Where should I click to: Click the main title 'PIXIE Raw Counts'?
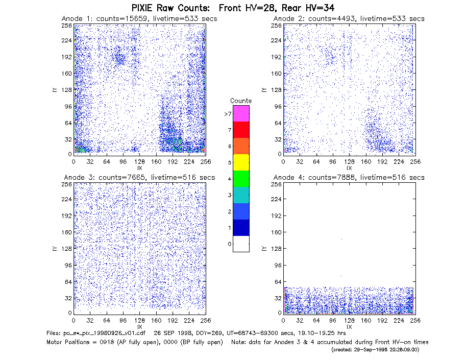pos(170,8)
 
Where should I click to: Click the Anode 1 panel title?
pos(139,18)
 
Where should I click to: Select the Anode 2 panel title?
pos(349,18)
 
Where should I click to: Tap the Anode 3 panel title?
pos(139,178)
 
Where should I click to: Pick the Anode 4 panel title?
pos(349,178)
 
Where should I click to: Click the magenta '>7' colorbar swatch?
pos(241,113)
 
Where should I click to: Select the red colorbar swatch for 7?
pos(241,130)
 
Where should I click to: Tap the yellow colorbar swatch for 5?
pos(241,162)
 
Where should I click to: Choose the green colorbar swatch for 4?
pos(241,179)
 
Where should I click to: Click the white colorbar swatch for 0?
pos(241,244)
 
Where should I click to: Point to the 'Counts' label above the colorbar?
pos(241,101)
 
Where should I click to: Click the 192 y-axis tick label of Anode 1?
pos(66,57)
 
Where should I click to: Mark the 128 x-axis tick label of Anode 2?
pos(349,162)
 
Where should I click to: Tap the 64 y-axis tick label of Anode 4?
pos(278,281)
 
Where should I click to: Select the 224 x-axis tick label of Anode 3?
pos(189,321)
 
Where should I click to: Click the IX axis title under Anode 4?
pos(349,327)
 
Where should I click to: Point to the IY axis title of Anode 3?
pos(55,249)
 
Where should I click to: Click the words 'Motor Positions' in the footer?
pos(68,342)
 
